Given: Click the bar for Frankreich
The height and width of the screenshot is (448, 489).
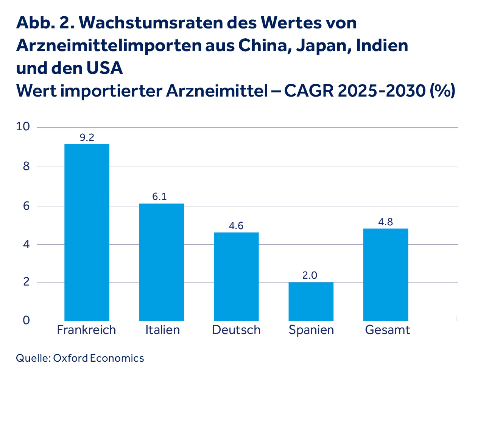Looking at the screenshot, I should click(x=87, y=232).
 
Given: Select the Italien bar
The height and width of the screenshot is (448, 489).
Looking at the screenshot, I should click(x=162, y=262).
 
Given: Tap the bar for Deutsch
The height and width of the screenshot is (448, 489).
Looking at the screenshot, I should click(x=236, y=276).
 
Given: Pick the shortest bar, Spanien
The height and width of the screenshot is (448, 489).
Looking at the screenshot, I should click(x=311, y=301).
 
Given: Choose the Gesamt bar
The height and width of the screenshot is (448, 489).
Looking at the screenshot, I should click(x=386, y=275).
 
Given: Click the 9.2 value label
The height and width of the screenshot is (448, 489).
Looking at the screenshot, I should click(x=87, y=137).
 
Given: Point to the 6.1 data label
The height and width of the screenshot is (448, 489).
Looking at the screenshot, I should click(x=159, y=197).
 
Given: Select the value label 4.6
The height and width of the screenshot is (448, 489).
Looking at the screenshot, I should click(x=236, y=226).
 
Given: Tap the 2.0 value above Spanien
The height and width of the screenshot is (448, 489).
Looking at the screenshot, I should click(x=310, y=275).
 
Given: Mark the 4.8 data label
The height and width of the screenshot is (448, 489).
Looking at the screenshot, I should click(x=386, y=222).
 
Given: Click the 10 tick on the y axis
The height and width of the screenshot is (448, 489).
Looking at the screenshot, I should click(x=23, y=127).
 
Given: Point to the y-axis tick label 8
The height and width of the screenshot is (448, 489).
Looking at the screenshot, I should click(x=26, y=167).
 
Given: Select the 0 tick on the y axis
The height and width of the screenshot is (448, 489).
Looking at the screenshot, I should click(x=26, y=320).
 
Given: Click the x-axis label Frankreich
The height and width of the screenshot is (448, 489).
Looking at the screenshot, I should click(x=86, y=330).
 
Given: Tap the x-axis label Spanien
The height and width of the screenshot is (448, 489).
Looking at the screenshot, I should click(x=311, y=330).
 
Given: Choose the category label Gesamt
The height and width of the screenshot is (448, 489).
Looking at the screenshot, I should click(x=387, y=330).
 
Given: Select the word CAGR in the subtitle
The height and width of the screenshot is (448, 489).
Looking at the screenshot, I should click(x=308, y=91).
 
